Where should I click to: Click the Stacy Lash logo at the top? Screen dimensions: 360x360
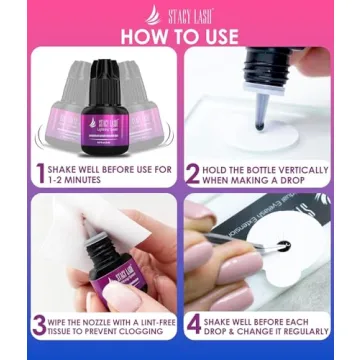[180, 13]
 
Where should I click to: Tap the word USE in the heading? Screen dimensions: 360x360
[218, 36]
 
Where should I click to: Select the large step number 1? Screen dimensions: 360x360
[41, 173]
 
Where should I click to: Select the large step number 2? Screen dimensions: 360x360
[193, 173]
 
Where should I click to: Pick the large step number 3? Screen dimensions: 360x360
[40, 325]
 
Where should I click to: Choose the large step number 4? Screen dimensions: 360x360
[193, 325]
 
